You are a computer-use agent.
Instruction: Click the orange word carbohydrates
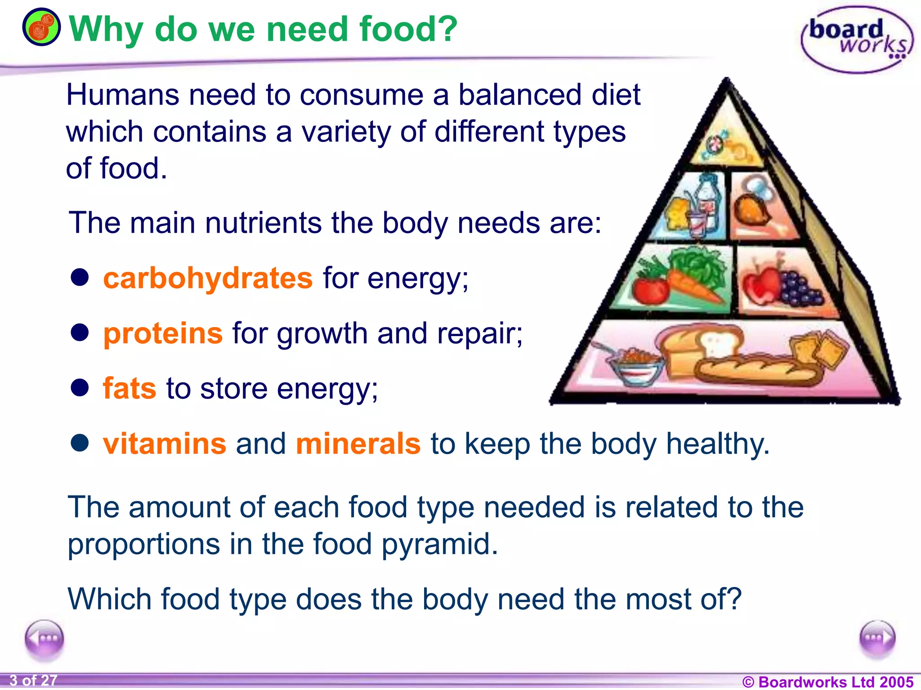tap(207, 279)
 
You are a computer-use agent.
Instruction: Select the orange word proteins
tap(163, 334)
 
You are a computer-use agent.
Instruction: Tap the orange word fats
tap(130, 389)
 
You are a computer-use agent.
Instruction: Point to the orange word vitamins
tap(165, 444)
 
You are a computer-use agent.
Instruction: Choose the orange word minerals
tap(358, 444)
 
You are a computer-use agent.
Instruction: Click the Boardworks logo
tap(857, 40)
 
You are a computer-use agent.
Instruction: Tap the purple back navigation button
tap(44, 638)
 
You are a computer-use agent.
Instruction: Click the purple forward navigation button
tap(877, 638)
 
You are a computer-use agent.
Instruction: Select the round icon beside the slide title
tap(41, 27)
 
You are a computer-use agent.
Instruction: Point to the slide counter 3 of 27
tap(33, 681)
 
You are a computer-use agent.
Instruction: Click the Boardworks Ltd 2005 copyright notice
tap(827, 681)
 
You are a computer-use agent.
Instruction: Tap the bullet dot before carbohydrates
tap(80, 277)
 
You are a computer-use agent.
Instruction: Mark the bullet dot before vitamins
tap(80, 443)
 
